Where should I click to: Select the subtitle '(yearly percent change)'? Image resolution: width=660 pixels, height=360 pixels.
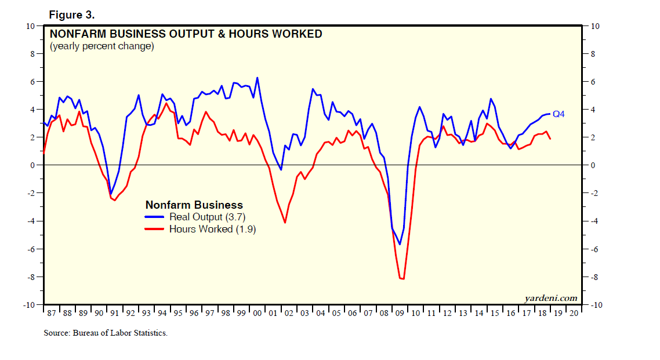[101, 46]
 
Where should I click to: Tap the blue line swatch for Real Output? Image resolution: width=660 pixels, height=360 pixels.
[155, 217]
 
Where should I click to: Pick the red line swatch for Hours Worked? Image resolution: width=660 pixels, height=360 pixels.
[155, 229]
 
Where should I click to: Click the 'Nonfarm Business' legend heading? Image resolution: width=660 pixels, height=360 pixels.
[194, 205]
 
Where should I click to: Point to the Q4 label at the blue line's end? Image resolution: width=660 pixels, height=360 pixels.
[559, 114]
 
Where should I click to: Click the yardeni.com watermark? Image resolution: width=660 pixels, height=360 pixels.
[550, 298]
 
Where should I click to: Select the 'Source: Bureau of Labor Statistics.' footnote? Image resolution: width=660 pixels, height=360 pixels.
[106, 333]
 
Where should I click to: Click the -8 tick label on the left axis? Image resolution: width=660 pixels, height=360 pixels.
[31, 277]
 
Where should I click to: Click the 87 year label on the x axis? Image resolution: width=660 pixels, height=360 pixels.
[51, 313]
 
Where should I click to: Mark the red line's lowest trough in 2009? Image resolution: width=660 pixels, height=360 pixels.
[402, 279]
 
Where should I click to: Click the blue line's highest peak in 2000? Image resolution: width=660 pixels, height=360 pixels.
[258, 78]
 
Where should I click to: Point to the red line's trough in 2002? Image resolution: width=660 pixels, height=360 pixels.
[285, 223]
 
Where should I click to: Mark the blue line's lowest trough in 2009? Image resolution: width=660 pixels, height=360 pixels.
[399, 245]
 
